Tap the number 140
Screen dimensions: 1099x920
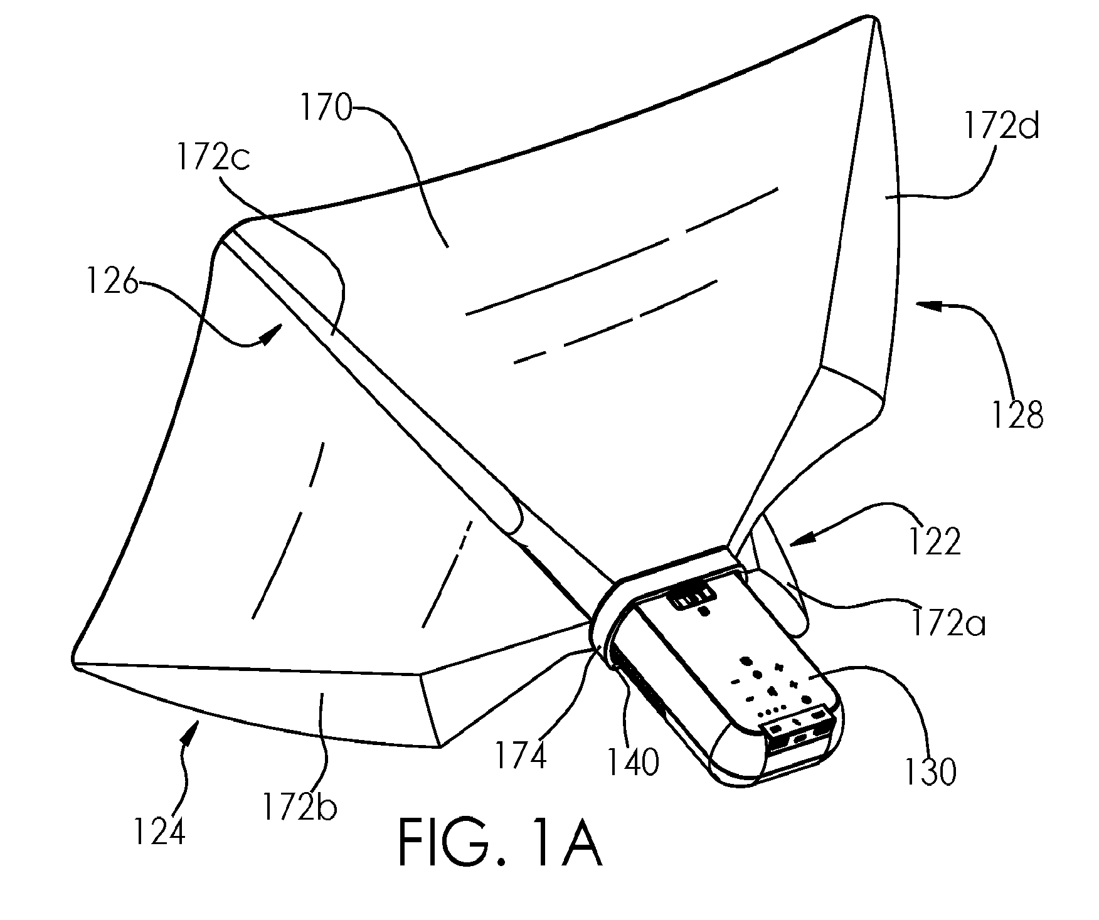pyautogui.click(x=633, y=763)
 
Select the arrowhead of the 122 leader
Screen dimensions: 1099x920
pyautogui.click(x=797, y=538)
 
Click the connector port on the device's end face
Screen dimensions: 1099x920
pyautogui.click(x=801, y=739)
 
